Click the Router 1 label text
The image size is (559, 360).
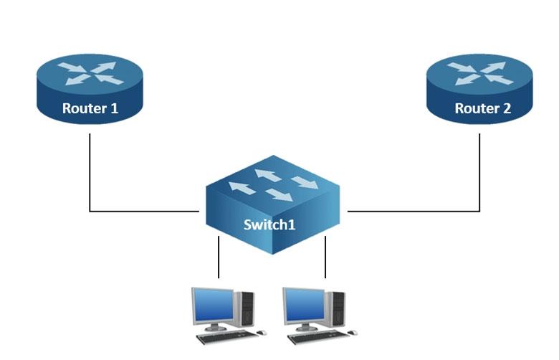(90, 109)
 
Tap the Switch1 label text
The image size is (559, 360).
(269, 224)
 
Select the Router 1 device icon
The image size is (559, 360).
(90, 90)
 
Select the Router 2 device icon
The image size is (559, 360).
(479, 90)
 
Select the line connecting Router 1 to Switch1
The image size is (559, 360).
(90, 179)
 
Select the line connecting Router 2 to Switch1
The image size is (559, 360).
(479, 179)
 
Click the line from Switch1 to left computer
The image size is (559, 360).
(219, 258)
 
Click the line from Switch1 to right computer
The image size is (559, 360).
(325, 258)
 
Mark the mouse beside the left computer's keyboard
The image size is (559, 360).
(262, 333)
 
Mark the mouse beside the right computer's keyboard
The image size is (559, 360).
(353, 333)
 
